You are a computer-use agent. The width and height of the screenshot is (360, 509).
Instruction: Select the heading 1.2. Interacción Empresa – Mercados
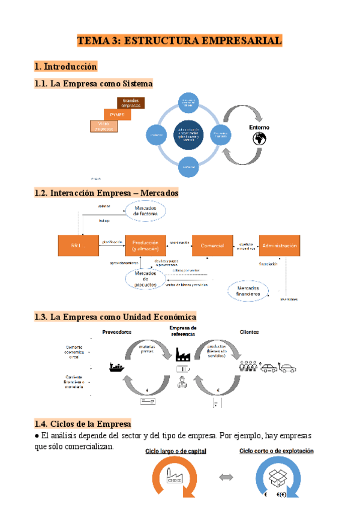coord(107,193)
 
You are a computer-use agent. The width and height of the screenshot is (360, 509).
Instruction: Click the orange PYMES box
coord(117,114)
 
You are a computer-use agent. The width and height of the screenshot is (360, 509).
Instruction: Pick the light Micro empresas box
coord(104,125)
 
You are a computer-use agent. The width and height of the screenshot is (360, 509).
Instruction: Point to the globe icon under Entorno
coord(259,139)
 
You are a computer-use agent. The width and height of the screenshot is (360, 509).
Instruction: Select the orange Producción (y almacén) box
coord(145,245)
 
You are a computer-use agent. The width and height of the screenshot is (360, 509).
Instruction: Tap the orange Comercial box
coord(212,245)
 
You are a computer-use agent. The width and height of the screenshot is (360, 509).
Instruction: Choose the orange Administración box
coord(279,245)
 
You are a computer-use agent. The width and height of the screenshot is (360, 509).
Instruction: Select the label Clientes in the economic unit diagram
coord(250,331)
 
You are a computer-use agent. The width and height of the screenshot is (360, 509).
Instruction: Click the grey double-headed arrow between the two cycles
coord(227,477)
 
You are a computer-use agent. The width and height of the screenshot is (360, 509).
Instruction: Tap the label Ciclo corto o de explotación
coord(276,450)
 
